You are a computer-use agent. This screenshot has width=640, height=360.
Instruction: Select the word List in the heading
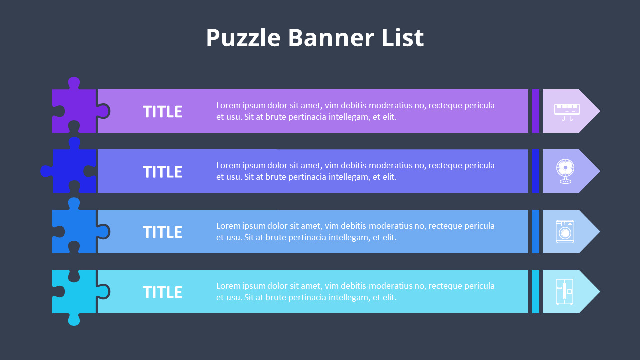click(x=403, y=38)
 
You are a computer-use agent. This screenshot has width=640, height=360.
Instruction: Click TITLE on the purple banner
click(x=163, y=112)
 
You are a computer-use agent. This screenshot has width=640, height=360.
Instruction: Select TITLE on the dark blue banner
click(x=163, y=172)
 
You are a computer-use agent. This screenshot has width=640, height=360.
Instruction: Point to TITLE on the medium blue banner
click(x=163, y=232)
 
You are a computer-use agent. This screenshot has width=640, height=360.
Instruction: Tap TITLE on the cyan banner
click(x=163, y=292)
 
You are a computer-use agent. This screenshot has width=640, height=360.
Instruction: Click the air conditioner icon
click(x=567, y=111)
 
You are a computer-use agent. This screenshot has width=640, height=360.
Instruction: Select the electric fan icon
click(x=565, y=171)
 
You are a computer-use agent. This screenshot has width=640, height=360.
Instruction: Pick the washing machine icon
click(x=565, y=232)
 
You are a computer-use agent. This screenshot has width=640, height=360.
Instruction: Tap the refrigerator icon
click(x=564, y=292)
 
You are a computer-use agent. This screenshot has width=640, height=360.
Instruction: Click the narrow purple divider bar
click(x=536, y=111)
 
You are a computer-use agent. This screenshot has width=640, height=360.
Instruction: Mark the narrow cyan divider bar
click(x=536, y=292)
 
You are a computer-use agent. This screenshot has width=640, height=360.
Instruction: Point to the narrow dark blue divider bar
click(x=536, y=171)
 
